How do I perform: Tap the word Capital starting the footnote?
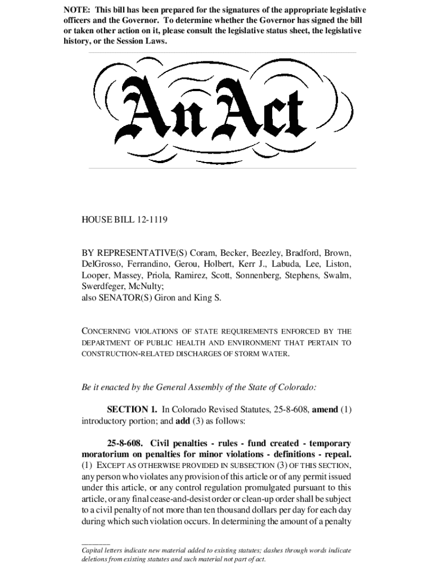point(94,551)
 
